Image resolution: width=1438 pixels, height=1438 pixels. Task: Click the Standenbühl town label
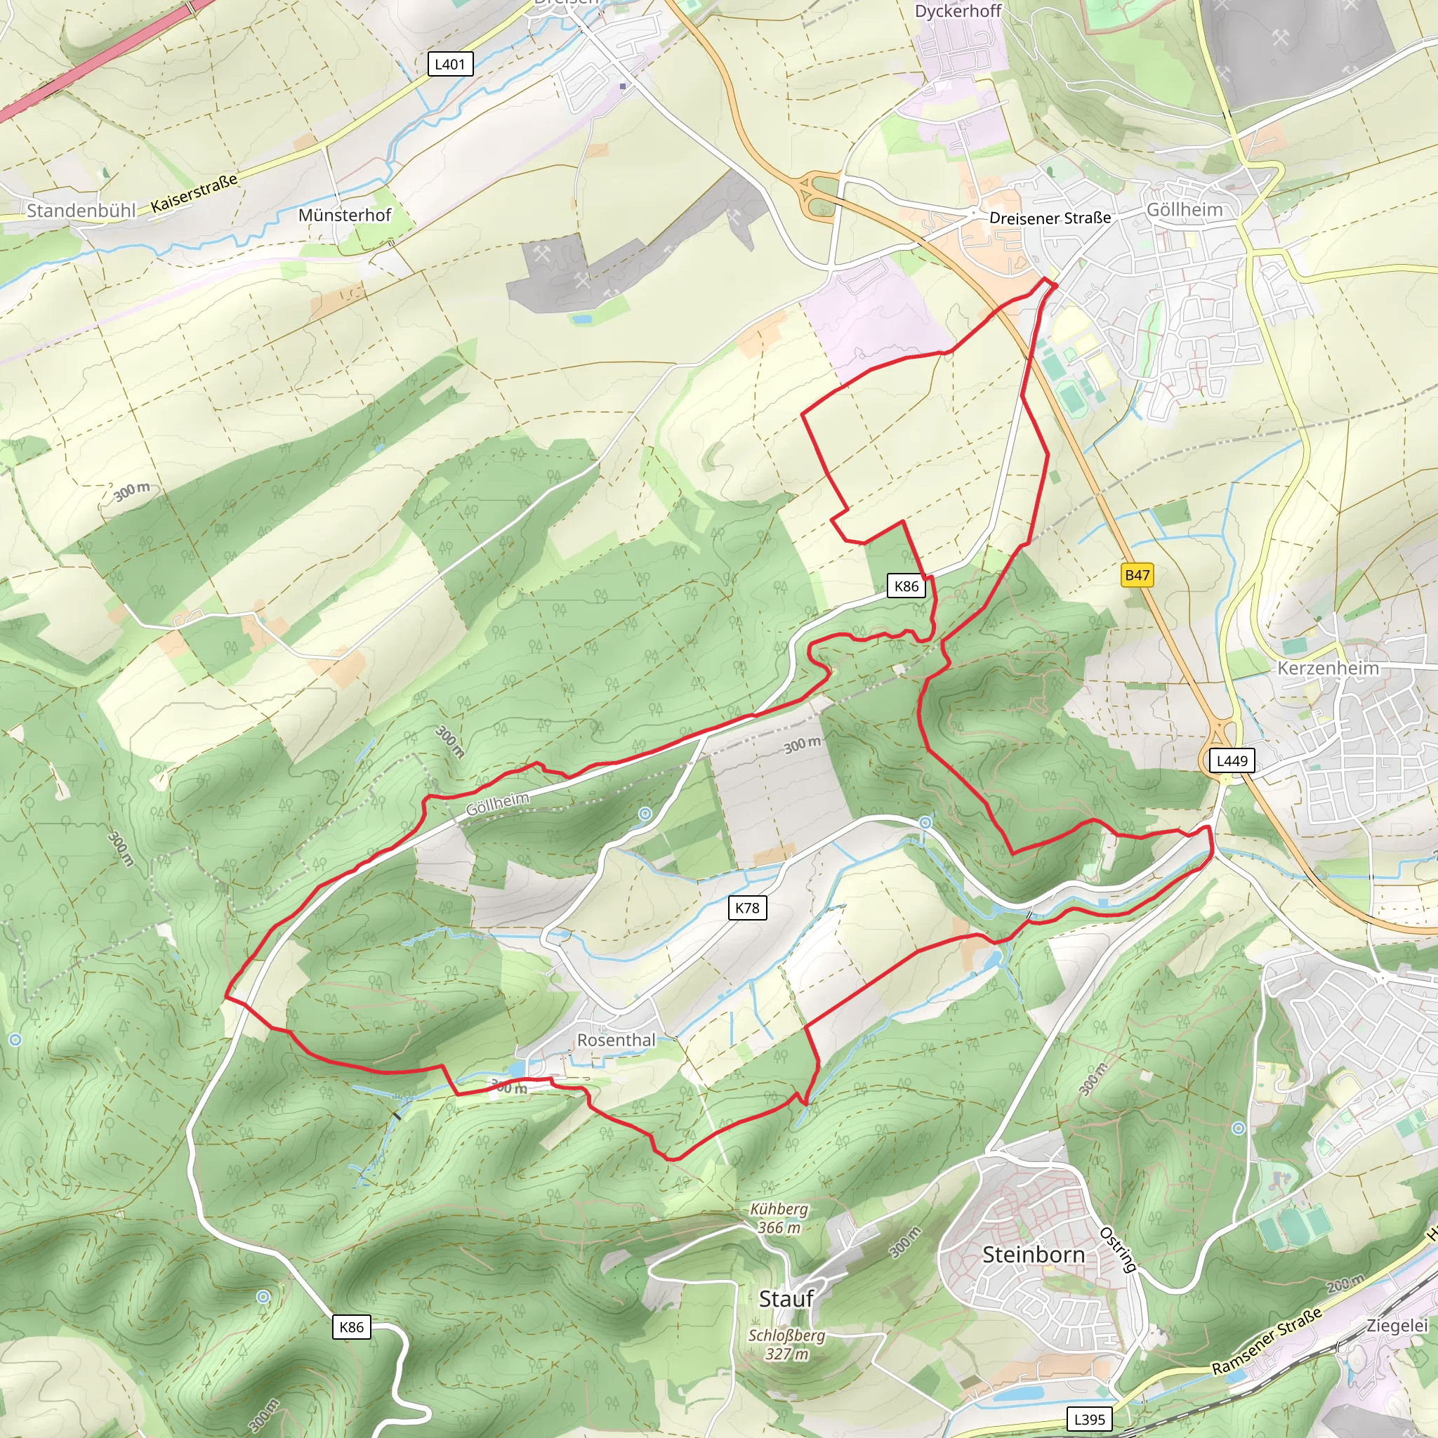click(x=81, y=211)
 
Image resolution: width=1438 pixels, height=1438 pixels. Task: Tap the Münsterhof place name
click(x=345, y=215)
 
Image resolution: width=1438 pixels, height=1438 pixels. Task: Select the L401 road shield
click(x=449, y=64)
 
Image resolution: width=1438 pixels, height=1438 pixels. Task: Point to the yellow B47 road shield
click(x=1137, y=574)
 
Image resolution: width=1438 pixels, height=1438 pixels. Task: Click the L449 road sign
click(x=1232, y=760)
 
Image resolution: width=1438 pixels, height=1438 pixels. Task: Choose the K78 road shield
click(x=746, y=907)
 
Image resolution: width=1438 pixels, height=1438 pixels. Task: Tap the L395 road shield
click(x=1090, y=1419)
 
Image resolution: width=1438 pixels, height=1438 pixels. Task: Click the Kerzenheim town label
click(x=1328, y=668)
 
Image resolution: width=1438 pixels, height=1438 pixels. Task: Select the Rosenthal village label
click(x=616, y=1040)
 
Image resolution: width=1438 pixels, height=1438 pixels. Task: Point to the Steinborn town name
click(x=1033, y=1254)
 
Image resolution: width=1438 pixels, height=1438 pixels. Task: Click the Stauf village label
click(x=786, y=1299)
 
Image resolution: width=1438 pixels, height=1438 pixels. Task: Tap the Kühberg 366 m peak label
click(x=779, y=1218)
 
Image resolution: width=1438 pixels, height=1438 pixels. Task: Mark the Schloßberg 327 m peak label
click(x=786, y=1344)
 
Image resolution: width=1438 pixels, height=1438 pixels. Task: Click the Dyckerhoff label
click(x=958, y=11)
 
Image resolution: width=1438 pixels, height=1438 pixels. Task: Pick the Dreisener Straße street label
click(x=1050, y=218)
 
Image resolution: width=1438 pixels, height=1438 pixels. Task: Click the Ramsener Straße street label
click(x=1267, y=1340)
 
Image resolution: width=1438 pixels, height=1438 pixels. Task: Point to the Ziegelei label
click(x=1397, y=1326)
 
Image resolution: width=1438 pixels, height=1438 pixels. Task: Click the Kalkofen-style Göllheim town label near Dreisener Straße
click(x=1185, y=210)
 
